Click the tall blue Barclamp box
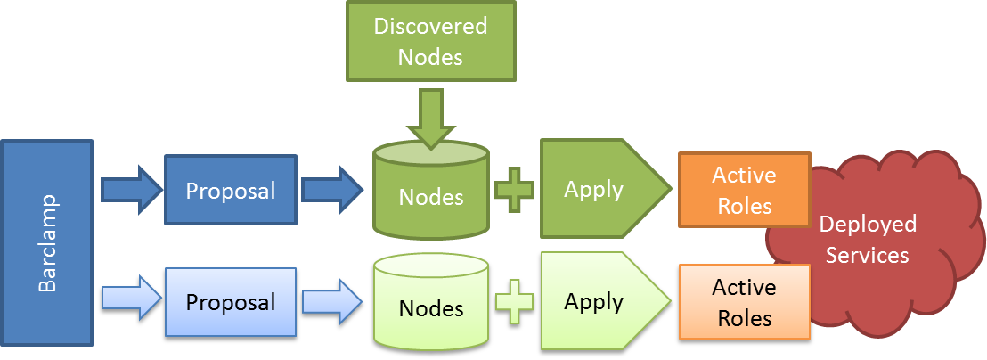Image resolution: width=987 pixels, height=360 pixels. point(48,242)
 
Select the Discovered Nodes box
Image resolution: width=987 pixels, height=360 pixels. point(430,41)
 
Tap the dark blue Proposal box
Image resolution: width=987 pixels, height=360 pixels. point(230,190)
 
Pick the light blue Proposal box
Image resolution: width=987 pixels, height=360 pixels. point(230,302)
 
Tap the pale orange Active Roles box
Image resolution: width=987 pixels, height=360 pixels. point(743,302)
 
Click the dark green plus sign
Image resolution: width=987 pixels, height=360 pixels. point(514,189)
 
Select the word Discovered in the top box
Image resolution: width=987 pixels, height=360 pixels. point(430,26)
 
